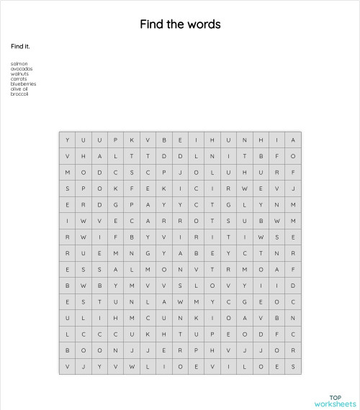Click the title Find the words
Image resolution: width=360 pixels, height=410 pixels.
point(180,24)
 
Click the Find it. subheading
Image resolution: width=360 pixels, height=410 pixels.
point(20,47)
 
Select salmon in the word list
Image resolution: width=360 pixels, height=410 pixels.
point(19,63)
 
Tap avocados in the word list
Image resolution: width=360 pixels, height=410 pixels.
point(22,68)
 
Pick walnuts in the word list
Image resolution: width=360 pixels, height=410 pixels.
point(20,73)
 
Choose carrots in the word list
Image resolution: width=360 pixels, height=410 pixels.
point(19,78)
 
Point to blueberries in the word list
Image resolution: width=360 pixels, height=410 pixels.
point(24,83)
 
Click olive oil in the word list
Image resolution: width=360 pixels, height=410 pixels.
point(19,88)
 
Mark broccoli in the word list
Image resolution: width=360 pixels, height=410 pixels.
point(19,94)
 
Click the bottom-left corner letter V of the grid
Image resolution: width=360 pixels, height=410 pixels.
point(68,366)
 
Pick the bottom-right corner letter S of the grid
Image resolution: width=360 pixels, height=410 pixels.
point(294,366)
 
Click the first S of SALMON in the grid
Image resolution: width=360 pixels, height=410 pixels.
point(100,269)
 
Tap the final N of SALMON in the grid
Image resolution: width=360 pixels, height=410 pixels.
point(181,269)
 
